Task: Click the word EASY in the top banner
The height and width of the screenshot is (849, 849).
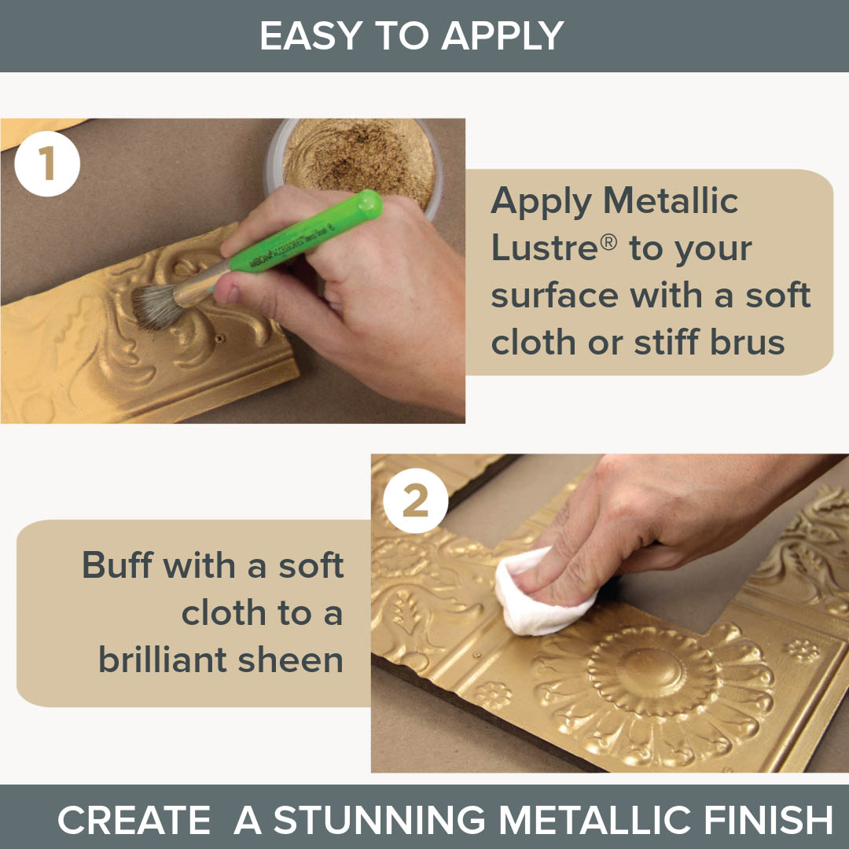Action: [x=311, y=35]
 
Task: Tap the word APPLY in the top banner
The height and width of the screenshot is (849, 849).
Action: [x=503, y=35]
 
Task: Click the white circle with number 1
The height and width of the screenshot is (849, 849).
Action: [x=47, y=164]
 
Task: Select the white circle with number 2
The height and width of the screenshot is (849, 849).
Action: [x=415, y=500]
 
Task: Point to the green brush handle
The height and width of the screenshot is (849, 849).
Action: [x=306, y=233]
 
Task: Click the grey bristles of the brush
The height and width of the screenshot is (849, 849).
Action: [x=157, y=307]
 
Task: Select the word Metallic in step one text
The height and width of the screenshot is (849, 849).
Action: [x=671, y=201]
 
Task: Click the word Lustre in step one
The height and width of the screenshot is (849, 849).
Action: [x=545, y=248]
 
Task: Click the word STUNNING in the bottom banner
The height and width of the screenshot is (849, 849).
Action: [x=380, y=819]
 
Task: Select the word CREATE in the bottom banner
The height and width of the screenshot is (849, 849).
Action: [x=134, y=819]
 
